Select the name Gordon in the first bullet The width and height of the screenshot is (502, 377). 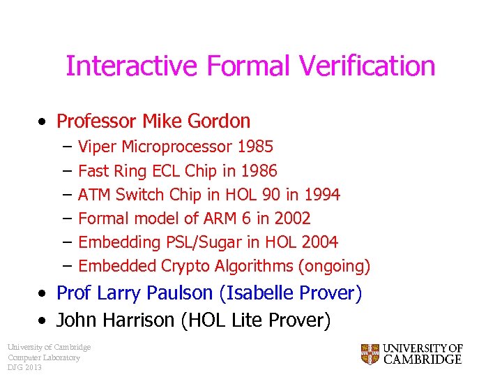point(218,121)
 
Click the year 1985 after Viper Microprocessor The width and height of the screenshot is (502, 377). point(254,147)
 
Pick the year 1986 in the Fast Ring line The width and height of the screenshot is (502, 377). point(259,171)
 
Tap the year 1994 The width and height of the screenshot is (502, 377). point(322,195)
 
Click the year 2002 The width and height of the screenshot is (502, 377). point(292,219)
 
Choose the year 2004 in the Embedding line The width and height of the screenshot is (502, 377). point(320,242)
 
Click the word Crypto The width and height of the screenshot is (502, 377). point(187,266)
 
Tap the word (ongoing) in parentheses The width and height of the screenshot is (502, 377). point(335,266)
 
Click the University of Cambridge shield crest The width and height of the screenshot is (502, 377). point(370,354)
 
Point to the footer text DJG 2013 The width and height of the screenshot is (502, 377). point(25,368)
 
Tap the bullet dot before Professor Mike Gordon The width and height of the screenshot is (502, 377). point(43,122)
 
